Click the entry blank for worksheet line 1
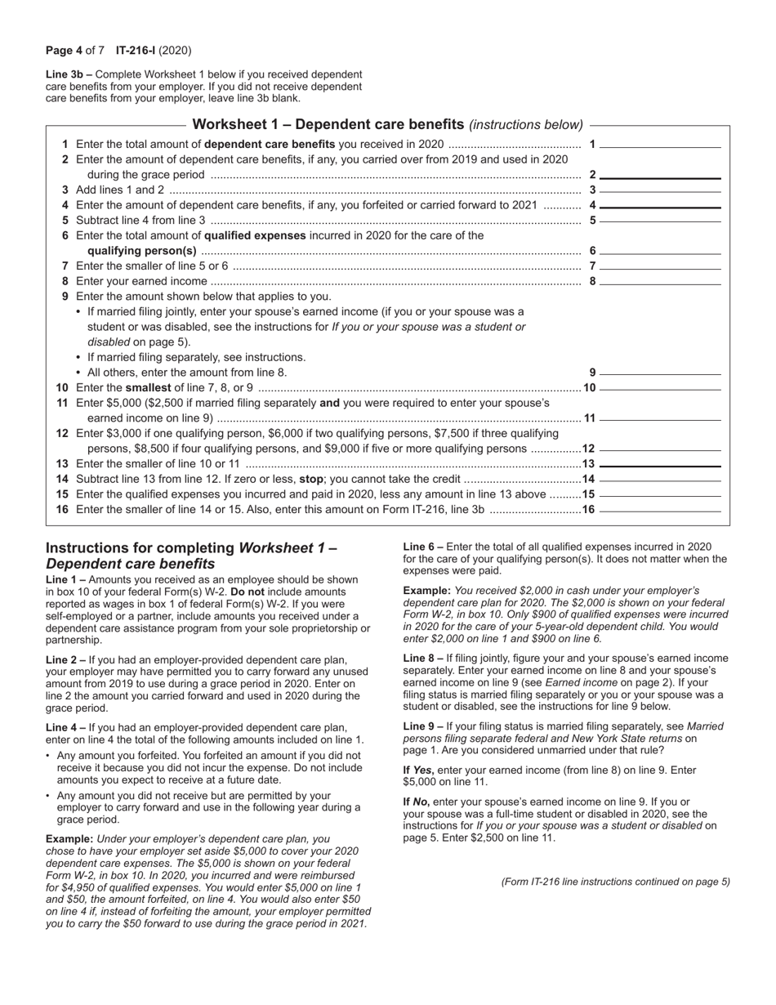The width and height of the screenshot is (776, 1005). coord(660,145)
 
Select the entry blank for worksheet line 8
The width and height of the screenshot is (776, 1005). coord(660,282)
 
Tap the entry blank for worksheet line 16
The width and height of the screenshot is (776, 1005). coord(660,509)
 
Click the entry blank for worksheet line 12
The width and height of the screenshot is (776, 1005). coord(660,449)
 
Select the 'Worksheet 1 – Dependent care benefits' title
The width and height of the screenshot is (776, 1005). coord(328,125)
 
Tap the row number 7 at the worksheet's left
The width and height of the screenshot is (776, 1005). coord(65,266)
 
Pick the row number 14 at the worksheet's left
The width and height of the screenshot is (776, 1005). coord(62,479)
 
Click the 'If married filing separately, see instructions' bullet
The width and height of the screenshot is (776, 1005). coord(196,357)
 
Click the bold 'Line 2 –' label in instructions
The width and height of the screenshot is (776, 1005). coord(66,659)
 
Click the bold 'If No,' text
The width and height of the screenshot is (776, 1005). coord(417,802)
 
